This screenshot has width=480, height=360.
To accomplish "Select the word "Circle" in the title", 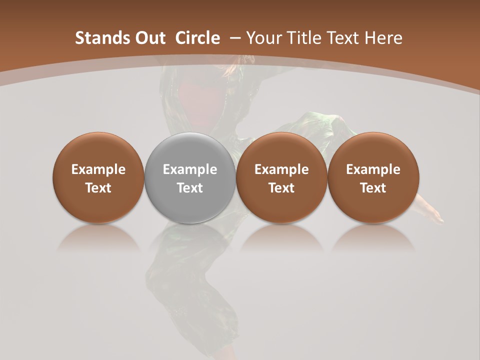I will pos(197,38).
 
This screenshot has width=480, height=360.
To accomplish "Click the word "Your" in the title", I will pos(262,38).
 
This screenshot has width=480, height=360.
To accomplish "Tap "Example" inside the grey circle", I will pos(190,169).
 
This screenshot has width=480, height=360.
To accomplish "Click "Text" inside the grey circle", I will pos(190,188).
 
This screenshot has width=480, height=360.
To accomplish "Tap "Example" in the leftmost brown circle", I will pos(98,169).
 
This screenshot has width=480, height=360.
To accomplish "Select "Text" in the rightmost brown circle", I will pos(373,188).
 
